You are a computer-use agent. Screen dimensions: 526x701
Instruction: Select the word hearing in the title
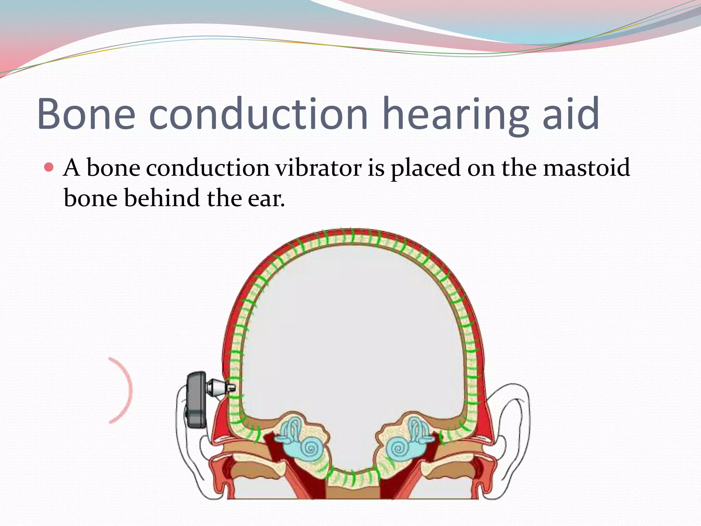[455, 115]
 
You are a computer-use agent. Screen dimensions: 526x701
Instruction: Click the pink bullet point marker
[49, 167]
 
